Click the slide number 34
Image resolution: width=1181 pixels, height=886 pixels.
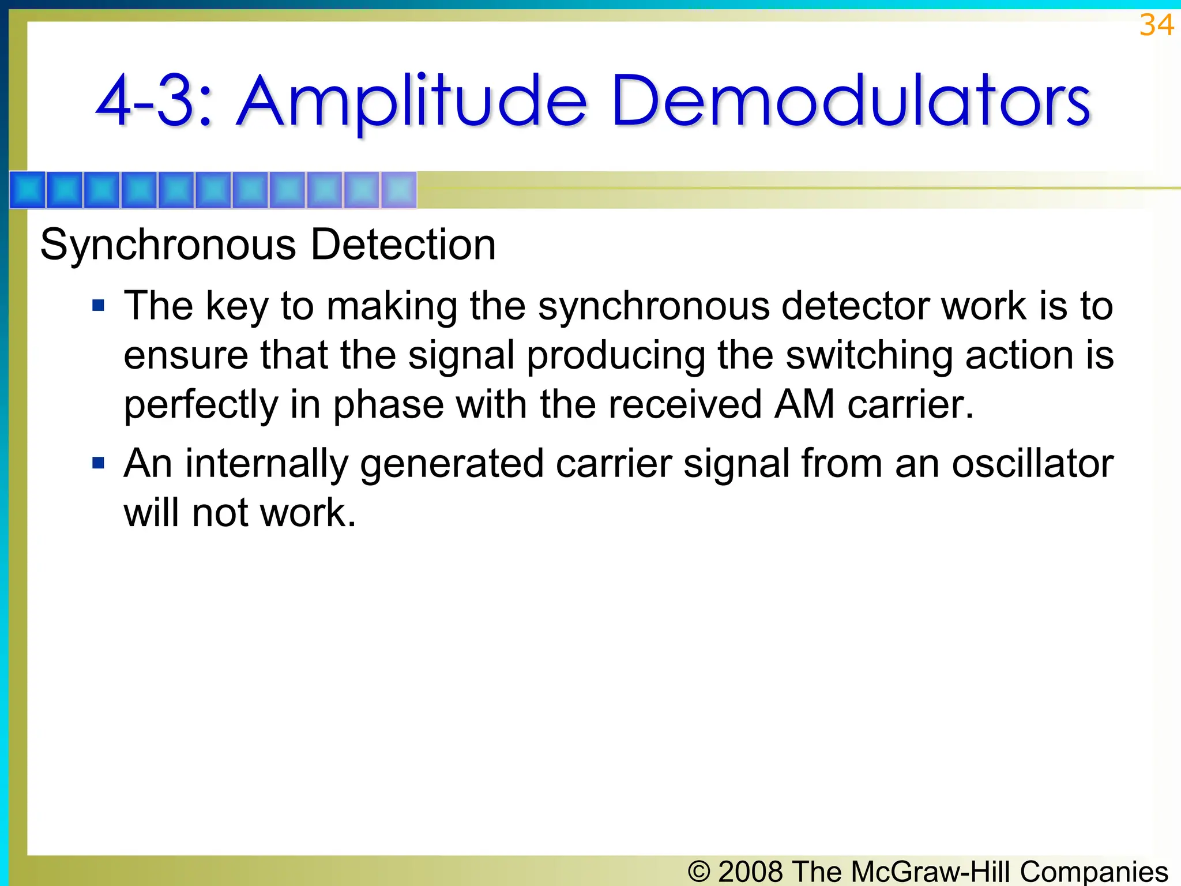tap(1156, 25)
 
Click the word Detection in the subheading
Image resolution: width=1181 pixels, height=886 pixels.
tap(403, 245)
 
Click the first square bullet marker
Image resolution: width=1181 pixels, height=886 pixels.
tap(99, 305)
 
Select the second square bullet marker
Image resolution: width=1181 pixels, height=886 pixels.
tap(99, 463)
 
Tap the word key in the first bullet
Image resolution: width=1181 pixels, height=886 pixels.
tap(237, 306)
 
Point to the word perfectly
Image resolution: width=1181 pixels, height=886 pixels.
tap(201, 405)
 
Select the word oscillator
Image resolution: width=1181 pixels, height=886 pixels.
tap(1032, 464)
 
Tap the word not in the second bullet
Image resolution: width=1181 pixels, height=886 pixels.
tap(220, 513)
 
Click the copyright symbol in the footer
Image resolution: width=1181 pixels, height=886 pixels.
tap(699, 871)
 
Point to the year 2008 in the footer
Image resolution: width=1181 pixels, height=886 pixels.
tap(750, 871)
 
